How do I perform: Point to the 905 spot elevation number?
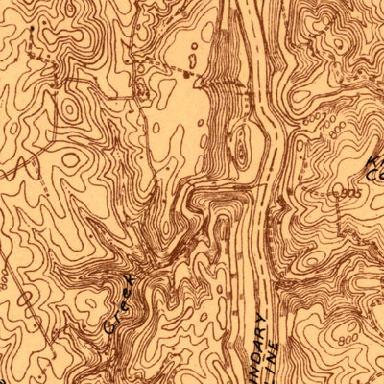(x=350, y=193)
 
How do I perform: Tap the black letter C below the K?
(x=375, y=176)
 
